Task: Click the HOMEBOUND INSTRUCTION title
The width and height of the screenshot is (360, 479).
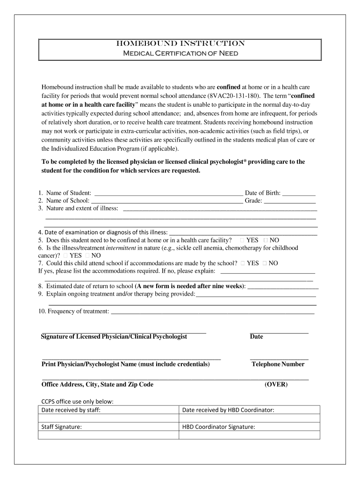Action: point(180,44)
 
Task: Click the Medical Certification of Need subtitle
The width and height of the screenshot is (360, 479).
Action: point(180,54)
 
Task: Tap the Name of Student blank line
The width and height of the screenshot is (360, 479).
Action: point(168,193)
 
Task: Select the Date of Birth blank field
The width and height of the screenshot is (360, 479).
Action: point(299,193)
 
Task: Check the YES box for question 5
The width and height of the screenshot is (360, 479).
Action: point(243,240)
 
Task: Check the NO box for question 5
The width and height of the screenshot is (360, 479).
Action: point(266,240)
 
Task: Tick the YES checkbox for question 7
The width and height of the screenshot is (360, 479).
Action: point(243,263)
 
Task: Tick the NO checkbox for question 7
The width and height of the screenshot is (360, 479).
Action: point(265,263)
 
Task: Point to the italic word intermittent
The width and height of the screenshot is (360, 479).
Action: point(121,248)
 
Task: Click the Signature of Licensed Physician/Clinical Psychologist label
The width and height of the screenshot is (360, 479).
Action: point(114,337)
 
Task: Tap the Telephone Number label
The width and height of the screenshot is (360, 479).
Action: point(278,364)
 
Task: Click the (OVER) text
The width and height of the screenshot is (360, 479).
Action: point(276,385)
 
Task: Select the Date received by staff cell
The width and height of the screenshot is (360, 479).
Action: point(108,410)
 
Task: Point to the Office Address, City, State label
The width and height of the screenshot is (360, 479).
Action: point(97,385)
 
